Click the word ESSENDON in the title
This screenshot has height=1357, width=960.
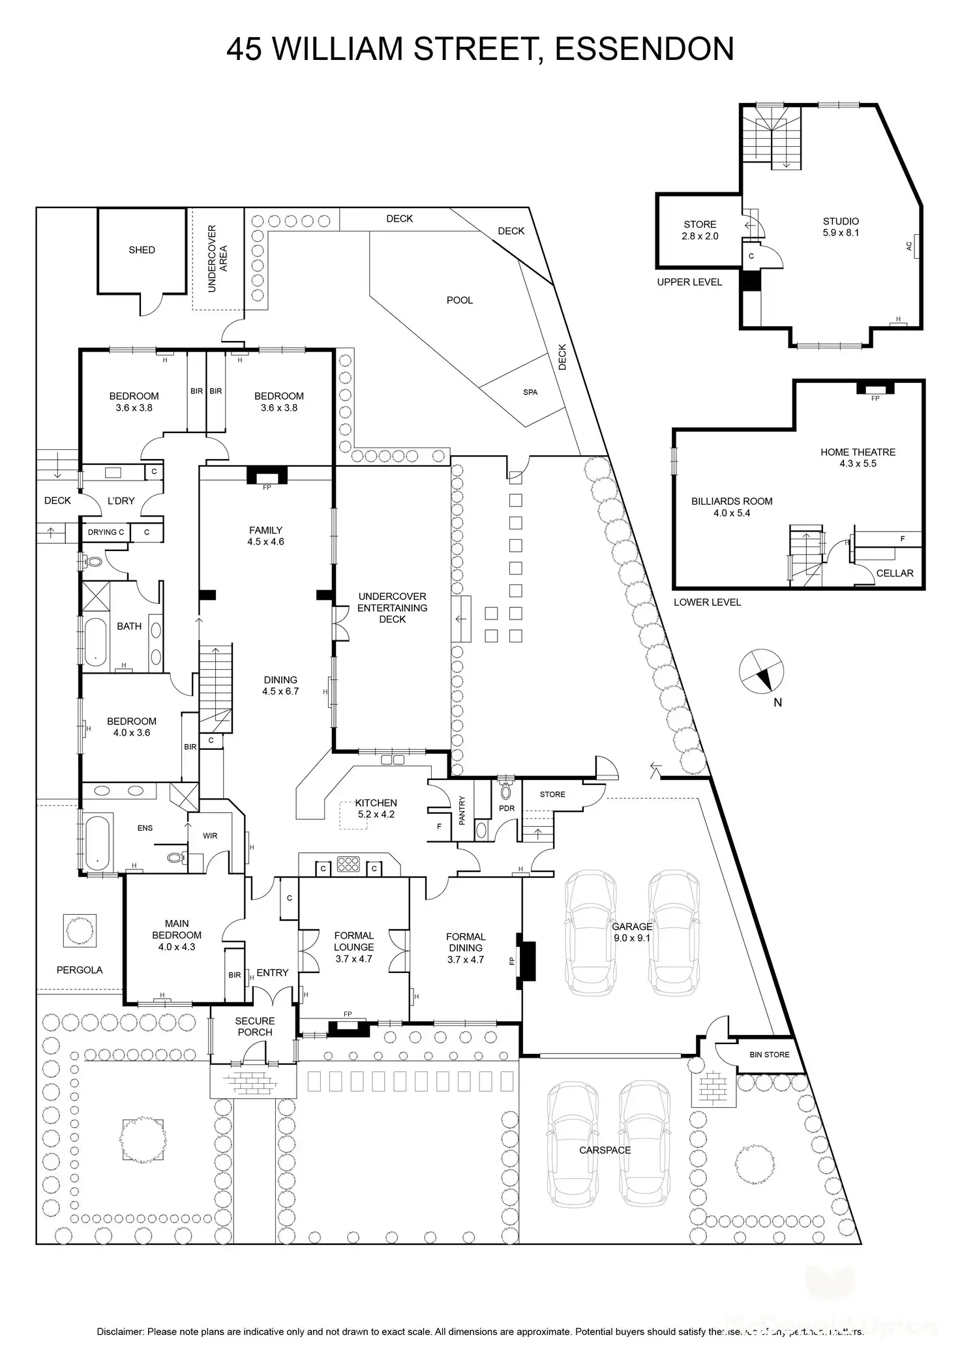(x=644, y=50)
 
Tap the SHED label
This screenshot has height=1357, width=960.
(x=142, y=250)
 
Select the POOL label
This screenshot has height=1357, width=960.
(x=460, y=300)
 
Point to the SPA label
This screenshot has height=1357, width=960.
(x=530, y=392)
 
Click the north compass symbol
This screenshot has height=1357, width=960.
(x=761, y=671)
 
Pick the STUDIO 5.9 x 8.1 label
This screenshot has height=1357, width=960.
(x=841, y=226)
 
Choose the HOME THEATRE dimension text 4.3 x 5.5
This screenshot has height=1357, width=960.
(x=858, y=464)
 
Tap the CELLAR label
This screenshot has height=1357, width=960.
(x=894, y=573)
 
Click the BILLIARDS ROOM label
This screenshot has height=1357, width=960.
(x=732, y=501)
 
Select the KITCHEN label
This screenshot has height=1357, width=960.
(x=376, y=803)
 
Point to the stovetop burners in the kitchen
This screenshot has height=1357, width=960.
(x=348, y=865)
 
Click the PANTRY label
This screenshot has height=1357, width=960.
(x=462, y=811)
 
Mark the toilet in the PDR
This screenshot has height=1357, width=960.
(x=505, y=791)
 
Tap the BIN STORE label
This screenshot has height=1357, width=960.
(x=770, y=1054)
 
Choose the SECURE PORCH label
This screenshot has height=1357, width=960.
(x=255, y=1026)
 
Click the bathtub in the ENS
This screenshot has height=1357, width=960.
(x=97, y=841)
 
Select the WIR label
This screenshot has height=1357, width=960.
(x=210, y=835)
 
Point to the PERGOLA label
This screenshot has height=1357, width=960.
(x=80, y=970)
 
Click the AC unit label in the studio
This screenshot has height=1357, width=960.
(x=909, y=246)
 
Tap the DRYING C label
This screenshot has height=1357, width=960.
(x=106, y=532)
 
